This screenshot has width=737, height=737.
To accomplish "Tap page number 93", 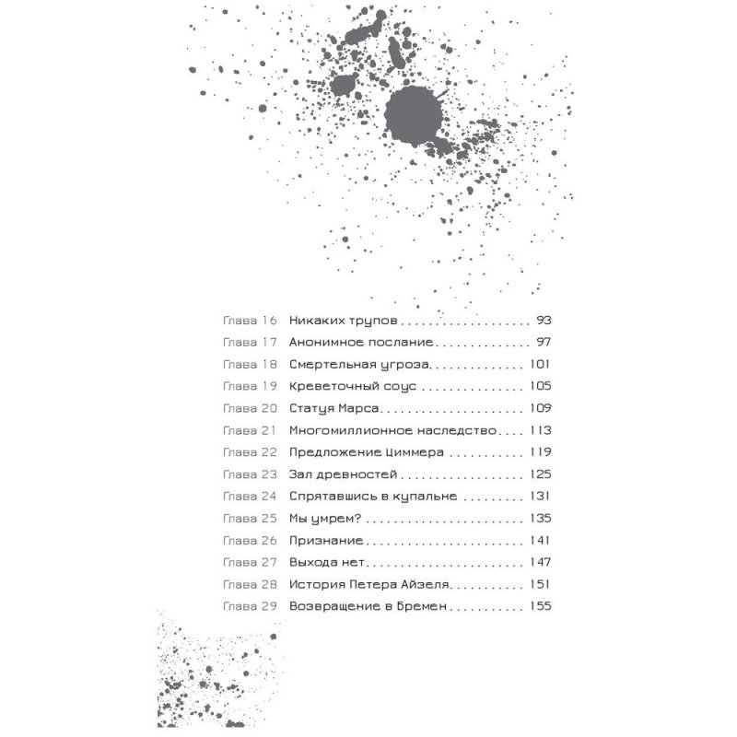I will point(542,322).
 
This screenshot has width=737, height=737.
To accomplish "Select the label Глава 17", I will point(250,343).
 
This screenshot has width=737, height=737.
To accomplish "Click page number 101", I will point(540,364).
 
